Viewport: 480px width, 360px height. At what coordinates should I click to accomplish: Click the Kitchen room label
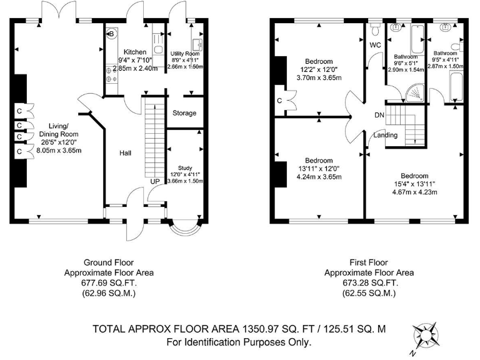coord(135,52)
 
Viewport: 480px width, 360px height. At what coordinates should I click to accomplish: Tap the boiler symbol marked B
coord(111,34)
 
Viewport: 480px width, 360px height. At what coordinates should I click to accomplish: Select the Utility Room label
coord(185,54)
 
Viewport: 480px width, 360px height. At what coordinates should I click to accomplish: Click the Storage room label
coord(184,113)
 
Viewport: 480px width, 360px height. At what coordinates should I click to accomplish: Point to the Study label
coord(185,167)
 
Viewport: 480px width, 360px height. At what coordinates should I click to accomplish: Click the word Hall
coord(125,152)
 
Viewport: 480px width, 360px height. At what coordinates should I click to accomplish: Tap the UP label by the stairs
coord(155,181)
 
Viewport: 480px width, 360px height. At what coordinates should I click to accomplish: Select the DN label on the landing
coord(379,115)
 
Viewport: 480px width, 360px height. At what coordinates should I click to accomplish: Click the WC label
coord(375,45)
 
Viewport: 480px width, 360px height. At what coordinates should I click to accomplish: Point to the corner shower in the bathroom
coord(415,93)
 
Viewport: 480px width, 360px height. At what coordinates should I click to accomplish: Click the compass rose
coord(426,336)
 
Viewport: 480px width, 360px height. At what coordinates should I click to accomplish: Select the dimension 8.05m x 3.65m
coord(59,150)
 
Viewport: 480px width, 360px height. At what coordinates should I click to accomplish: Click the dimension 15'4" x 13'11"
coord(414,184)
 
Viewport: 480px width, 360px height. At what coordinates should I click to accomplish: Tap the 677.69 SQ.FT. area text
coord(109,283)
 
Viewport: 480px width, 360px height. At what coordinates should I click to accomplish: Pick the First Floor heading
coord(369,262)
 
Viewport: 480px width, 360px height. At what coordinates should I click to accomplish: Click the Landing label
coord(386,135)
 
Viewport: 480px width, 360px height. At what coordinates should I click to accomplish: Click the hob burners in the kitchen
coord(111,75)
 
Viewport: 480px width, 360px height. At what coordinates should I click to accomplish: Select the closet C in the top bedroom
coord(279,101)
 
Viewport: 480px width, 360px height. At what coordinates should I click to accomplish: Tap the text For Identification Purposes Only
coord(239,342)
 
